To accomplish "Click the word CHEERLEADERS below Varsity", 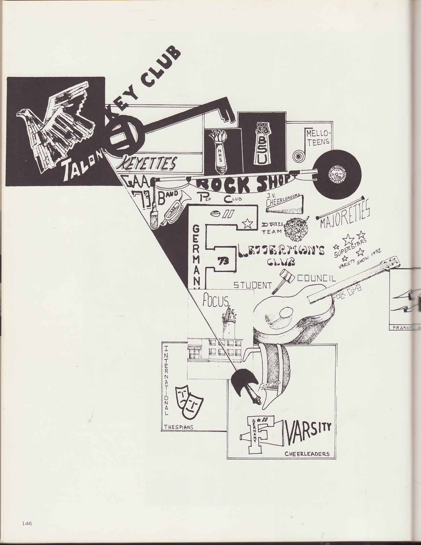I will coord(307,454).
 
